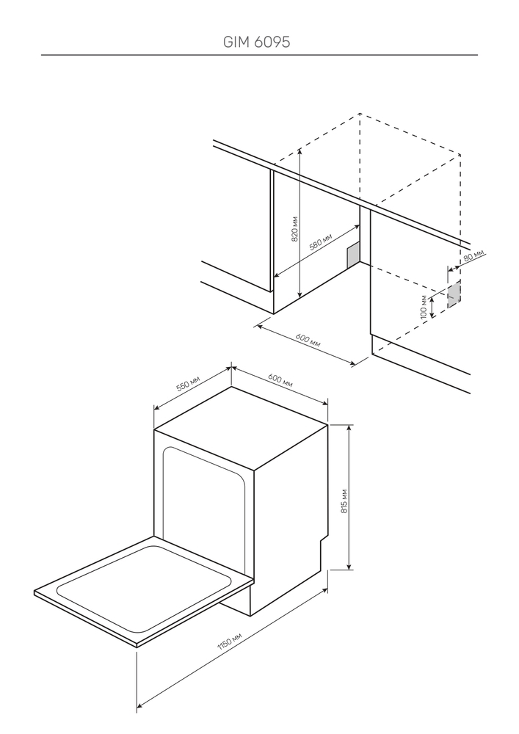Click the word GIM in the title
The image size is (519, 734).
point(237,43)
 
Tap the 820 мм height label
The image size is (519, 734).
point(294,230)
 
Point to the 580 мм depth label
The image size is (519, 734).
point(321,243)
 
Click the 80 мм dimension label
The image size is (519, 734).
point(475,257)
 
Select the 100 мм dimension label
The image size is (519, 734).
point(424,305)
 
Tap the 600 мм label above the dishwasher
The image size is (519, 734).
point(280,381)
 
